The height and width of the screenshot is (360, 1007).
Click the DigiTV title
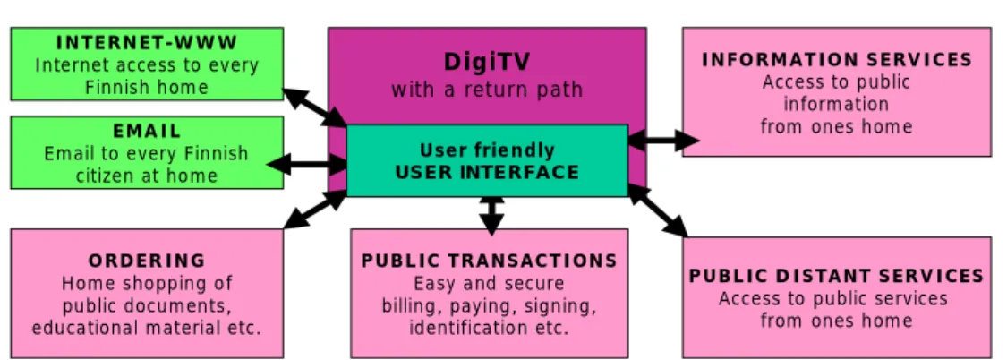point(487,62)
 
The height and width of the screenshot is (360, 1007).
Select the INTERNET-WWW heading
point(147,43)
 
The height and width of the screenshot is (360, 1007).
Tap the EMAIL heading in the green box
point(147,131)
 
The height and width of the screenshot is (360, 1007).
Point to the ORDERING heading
point(147,261)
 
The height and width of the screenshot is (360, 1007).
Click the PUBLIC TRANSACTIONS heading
point(490,261)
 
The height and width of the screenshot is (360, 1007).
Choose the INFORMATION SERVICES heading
point(837,60)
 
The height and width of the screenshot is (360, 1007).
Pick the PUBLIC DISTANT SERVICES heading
point(837,276)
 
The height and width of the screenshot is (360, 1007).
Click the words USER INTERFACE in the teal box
point(487,172)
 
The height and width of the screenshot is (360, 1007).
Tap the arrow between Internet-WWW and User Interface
point(315,107)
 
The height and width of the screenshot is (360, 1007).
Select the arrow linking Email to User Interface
point(307,164)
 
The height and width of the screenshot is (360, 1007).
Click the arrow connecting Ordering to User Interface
point(315,210)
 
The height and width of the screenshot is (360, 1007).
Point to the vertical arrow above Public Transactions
point(491,215)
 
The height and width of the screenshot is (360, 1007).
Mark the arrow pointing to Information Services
point(663,140)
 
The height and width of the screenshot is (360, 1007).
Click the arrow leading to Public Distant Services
point(658,210)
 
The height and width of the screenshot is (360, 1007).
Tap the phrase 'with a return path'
point(487,90)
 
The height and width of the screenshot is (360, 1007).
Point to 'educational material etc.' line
point(147,327)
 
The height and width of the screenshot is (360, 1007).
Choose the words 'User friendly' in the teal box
point(487,150)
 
